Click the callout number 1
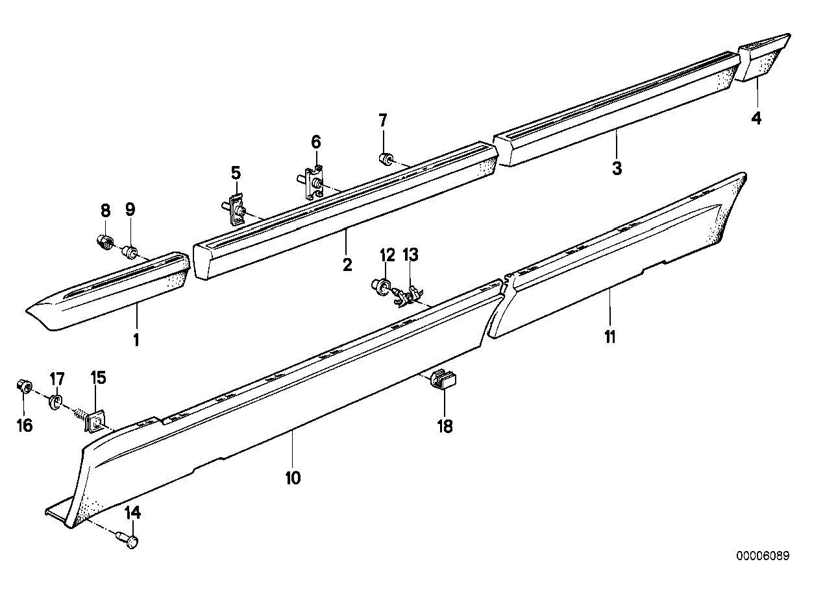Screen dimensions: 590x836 coord(136,339)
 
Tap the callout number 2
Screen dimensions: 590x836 coord(347,265)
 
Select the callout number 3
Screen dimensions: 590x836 coord(617,168)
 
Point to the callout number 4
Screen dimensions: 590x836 coord(756,118)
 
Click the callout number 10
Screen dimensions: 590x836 coord(292,478)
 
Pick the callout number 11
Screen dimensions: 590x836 coord(610,337)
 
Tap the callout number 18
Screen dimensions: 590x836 coord(445,425)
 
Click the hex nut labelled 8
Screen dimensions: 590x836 coord(103,243)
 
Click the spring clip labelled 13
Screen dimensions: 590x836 coord(405,294)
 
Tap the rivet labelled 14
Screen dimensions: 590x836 coord(130,539)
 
